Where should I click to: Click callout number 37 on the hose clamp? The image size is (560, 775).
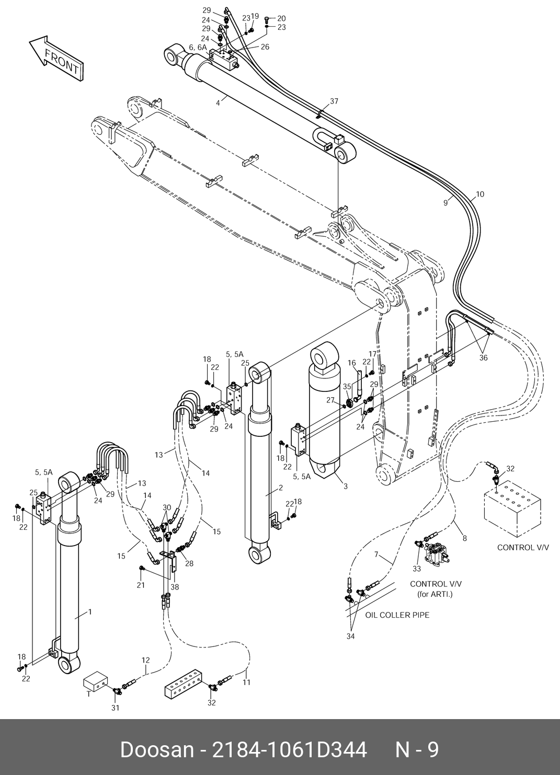click(x=334, y=101)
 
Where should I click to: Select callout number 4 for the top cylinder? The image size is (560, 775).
click(x=218, y=103)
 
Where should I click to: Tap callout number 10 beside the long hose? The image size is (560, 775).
click(x=480, y=194)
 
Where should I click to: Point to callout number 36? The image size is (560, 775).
click(x=483, y=358)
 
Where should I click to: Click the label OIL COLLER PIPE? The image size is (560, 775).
click(x=397, y=615)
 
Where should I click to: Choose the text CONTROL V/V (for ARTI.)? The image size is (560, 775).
click(x=436, y=589)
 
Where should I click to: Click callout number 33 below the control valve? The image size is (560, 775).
click(x=417, y=569)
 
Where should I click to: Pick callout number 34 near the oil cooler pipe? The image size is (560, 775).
click(x=350, y=636)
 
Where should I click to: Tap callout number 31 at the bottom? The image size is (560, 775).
click(x=115, y=708)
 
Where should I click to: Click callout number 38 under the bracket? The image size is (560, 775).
click(x=175, y=587)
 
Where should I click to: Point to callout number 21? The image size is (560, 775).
click(x=141, y=585)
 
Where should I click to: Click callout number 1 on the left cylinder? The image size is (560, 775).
click(x=90, y=612)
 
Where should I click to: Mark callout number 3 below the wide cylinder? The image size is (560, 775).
click(x=346, y=486)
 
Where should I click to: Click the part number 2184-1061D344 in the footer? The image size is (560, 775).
click(x=289, y=750)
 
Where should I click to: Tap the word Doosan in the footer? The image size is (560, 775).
click(x=157, y=750)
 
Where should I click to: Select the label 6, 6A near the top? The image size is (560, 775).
click(x=198, y=48)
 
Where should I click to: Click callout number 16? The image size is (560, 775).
click(x=352, y=363)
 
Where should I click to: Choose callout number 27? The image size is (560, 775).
click(x=330, y=400)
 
